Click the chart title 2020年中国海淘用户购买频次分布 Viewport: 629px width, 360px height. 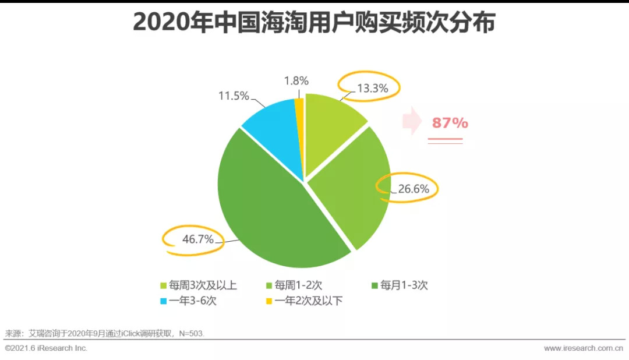[314, 23]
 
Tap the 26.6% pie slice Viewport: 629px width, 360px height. [352, 186]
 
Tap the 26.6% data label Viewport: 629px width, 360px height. [413, 189]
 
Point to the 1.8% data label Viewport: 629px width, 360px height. [296, 81]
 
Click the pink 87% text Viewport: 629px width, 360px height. [450, 123]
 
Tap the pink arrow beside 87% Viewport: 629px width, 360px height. [412, 121]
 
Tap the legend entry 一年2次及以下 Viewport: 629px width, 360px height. [300, 302]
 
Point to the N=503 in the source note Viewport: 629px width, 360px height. [192, 334]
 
